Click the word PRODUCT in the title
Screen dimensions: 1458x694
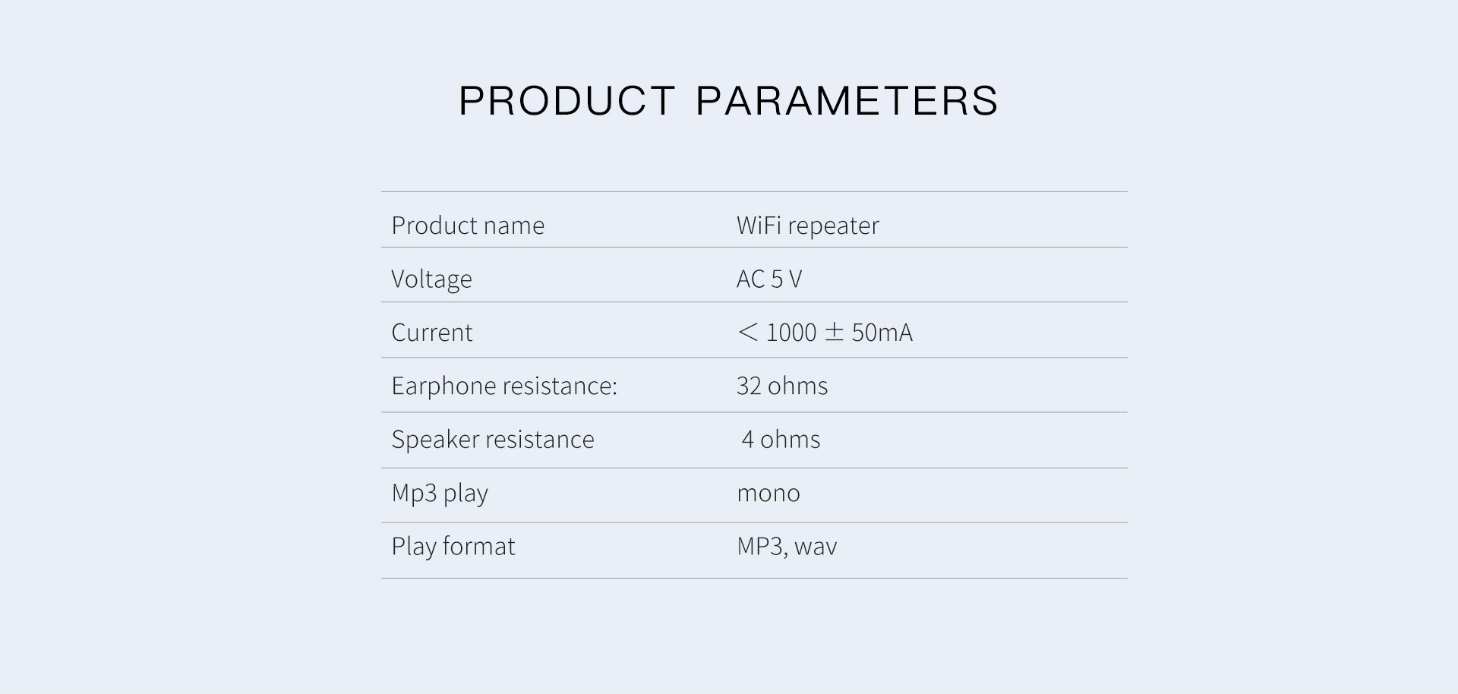566,101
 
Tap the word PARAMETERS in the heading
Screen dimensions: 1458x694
847,101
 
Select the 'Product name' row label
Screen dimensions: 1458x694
468,226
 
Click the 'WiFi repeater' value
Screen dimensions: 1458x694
808,226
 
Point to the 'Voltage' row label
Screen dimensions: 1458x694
431,279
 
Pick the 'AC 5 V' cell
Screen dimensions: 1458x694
769,279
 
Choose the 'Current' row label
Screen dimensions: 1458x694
432,333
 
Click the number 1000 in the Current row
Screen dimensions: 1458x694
791,333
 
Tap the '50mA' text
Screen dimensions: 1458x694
882,333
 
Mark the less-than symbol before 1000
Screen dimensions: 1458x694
748,333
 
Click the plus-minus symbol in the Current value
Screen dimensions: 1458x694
834,333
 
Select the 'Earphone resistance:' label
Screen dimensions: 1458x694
504,386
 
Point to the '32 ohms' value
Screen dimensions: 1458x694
782,386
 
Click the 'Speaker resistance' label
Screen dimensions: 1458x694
493,440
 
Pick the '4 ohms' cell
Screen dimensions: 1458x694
781,440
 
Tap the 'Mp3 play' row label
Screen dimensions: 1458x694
440,494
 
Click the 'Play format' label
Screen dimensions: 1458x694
453,547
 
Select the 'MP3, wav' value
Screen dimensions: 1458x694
787,547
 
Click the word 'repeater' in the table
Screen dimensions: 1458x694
833,226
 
